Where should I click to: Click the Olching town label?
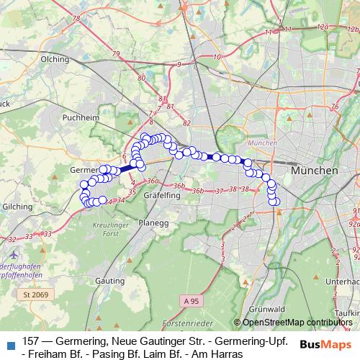click(54, 59)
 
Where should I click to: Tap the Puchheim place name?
click(81, 116)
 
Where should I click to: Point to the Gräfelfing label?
click(161, 195)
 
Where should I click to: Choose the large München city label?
click(315, 172)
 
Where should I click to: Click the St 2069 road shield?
click(35, 294)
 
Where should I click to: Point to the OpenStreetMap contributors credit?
click(297, 322)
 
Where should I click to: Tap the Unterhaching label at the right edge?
click(348, 282)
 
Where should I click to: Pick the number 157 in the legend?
click(32, 341)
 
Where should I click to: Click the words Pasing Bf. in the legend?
click(107, 354)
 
